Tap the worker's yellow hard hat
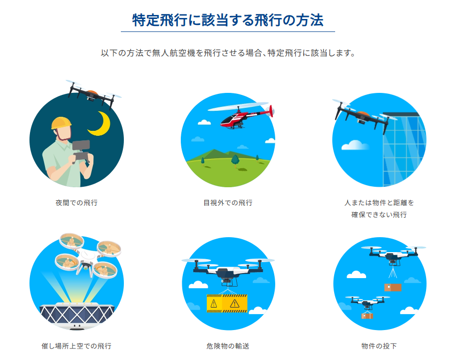pos(61,122)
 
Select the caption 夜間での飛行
pos(76,203)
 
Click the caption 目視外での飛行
pos(228,203)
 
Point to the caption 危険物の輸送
pos(228,346)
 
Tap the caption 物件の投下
pos(379,346)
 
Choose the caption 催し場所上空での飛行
pos(76,346)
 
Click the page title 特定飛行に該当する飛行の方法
pos(228,20)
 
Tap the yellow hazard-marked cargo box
pos(227,303)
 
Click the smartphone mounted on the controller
pos(81,145)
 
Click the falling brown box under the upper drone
pos(393,287)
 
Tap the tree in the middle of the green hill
pos(235,161)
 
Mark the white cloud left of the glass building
pos(355,145)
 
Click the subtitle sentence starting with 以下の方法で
pos(228,53)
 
